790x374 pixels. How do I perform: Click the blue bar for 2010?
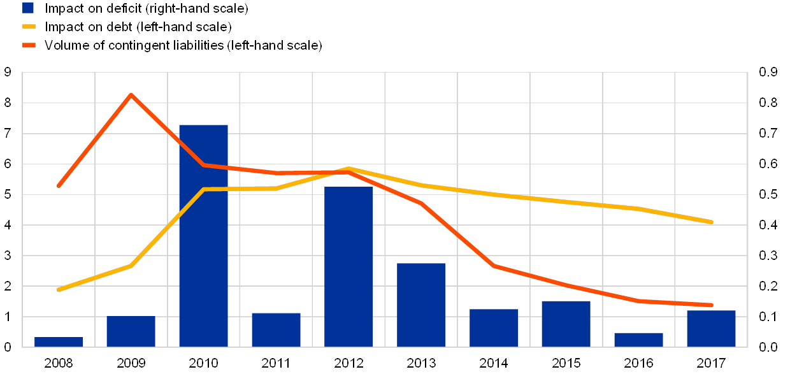point(203,236)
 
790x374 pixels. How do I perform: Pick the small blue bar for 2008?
point(59,342)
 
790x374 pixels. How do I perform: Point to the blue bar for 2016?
point(638,340)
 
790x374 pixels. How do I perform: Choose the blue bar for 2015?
point(566,324)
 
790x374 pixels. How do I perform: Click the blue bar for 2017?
point(711,328)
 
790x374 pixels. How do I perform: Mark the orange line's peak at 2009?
point(131,95)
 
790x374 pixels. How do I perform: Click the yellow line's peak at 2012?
point(348,169)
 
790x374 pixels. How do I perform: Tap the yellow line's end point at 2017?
point(711,222)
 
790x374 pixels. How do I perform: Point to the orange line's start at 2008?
point(59,185)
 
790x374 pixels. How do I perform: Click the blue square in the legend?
point(27,8)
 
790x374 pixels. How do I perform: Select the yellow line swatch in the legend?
point(27,27)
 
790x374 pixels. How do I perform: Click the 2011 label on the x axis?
point(276,363)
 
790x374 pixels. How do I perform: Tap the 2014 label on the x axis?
point(494,363)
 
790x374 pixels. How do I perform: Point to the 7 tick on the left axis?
point(8,133)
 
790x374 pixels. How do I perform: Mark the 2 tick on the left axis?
point(8,285)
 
